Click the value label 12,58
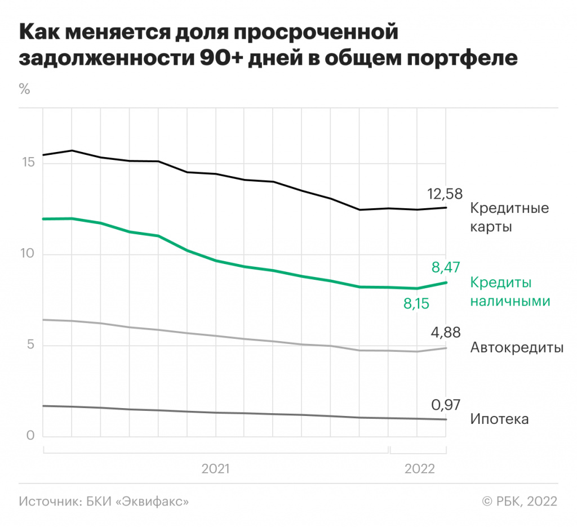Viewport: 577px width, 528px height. [x=445, y=195]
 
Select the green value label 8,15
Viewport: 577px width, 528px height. [x=416, y=305]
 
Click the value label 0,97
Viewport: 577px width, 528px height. [x=446, y=405]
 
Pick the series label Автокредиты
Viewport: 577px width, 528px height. [x=517, y=348]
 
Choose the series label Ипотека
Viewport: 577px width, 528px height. [x=499, y=420]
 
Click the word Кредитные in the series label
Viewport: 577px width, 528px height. [x=509, y=208]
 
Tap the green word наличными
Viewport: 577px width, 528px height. [x=510, y=301]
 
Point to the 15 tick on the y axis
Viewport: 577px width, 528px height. [x=28, y=163]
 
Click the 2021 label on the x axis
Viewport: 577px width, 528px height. [x=215, y=468]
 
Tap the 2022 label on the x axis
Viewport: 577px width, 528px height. [x=419, y=468]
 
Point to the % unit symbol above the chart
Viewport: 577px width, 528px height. [x=24, y=89]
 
